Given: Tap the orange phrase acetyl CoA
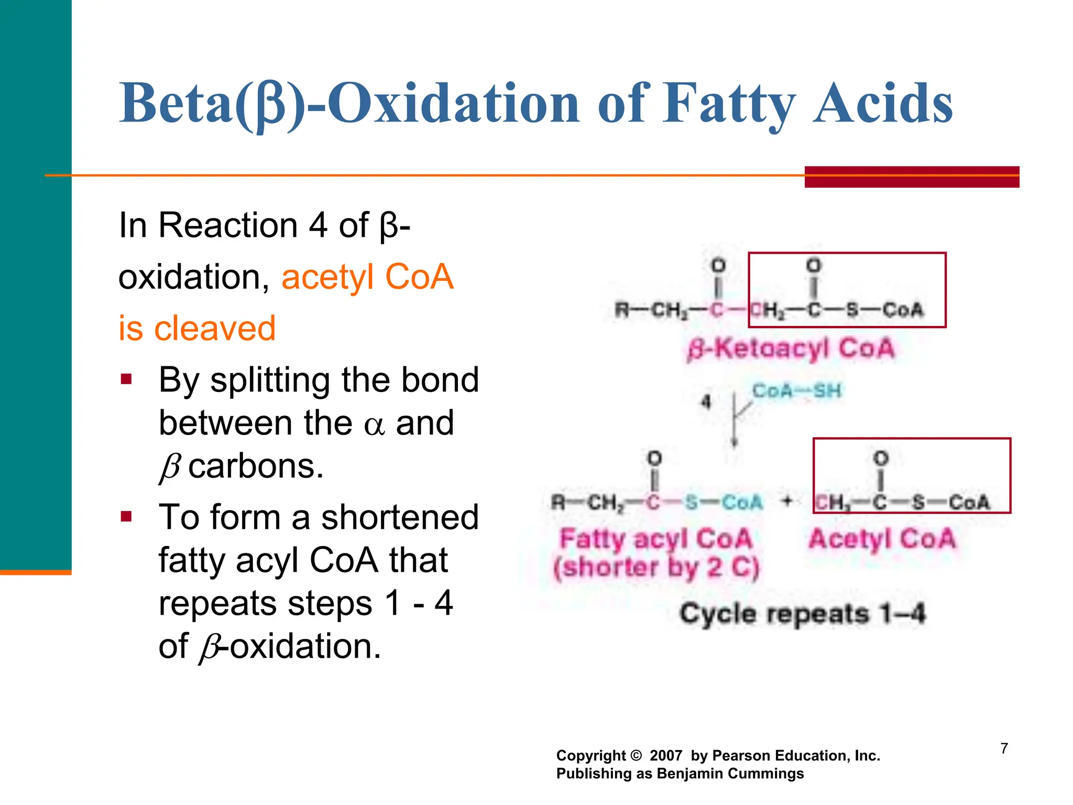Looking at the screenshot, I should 367,277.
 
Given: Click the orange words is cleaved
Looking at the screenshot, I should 197,329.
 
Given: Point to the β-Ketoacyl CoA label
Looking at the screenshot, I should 791,349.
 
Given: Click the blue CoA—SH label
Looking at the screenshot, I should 796,391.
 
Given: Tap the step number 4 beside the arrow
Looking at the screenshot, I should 706,402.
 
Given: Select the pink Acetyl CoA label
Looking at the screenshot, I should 882,539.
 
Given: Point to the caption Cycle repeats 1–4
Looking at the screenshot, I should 802,614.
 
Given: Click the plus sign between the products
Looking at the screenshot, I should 787,502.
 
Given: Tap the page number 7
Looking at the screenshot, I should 1004,748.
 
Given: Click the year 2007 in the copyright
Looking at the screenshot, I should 666,756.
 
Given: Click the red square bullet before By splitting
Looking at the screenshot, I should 126,379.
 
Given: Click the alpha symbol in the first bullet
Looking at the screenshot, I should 374,425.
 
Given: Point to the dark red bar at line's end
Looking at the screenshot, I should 912,177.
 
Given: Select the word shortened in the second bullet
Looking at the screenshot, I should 400,517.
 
